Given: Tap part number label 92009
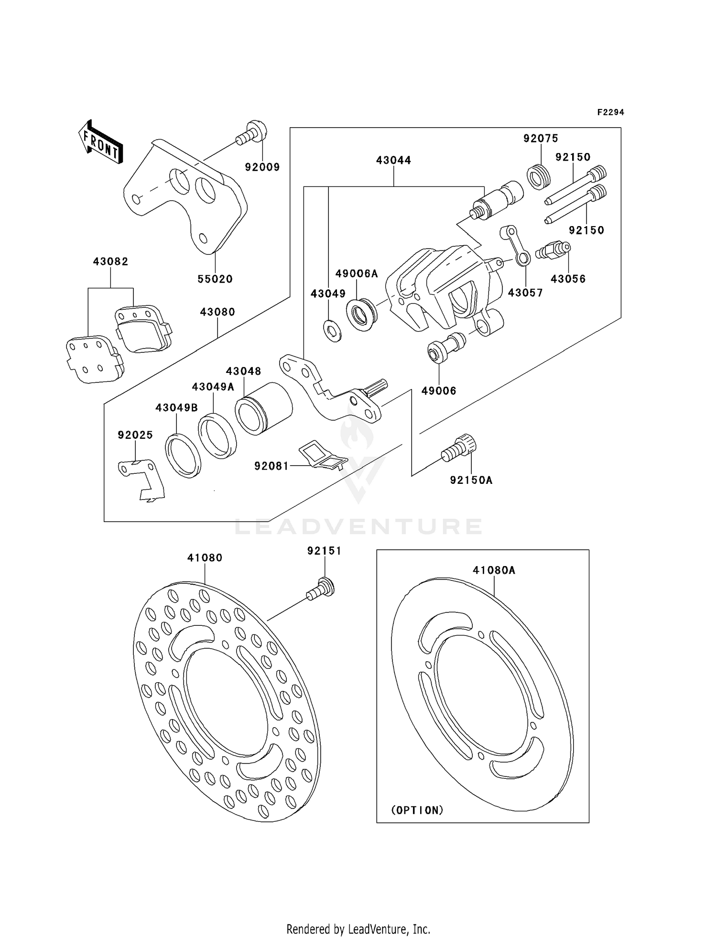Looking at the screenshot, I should (262, 167).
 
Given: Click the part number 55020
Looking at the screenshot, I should (215, 279).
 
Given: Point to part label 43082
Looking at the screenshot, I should (110, 262).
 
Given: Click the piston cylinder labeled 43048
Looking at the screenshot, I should (264, 409).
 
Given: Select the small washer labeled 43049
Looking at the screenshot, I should (332, 331).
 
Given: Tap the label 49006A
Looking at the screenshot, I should (357, 273).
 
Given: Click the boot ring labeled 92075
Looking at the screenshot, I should (539, 176).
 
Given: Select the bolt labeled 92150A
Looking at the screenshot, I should (459, 448).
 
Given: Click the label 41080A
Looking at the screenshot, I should (494, 570).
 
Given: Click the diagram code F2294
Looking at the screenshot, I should (610, 112).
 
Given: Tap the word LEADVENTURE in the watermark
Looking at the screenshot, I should (358, 526).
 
